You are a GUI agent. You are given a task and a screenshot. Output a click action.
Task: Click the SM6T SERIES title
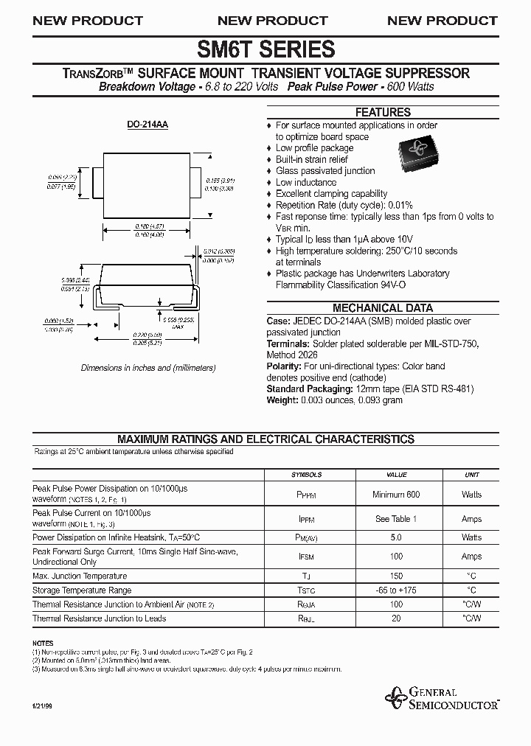[x=265, y=49]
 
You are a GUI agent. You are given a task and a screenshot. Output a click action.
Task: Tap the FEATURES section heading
[x=383, y=113]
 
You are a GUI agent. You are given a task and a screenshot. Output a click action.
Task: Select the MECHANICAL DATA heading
[x=383, y=308]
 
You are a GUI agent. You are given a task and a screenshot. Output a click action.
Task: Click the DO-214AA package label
[x=147, y=125]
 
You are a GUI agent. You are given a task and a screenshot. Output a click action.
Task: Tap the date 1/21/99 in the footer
[x=42, y=707]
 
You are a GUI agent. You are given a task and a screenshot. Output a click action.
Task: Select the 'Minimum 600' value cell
[x=396, y=495]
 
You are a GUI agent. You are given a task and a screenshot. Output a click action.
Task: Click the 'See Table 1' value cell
[x=396, y=519]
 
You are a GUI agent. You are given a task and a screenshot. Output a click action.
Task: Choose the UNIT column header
[x=471, y=475]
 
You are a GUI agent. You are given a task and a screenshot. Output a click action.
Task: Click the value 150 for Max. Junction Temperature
[x=396, y=576]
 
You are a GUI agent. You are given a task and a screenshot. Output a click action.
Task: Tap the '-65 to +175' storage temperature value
[x=396, y=590]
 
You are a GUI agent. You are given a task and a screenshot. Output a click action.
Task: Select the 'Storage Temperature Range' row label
[x=82, y=590]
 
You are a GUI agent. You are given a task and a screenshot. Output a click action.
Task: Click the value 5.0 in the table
[x=396, y=538]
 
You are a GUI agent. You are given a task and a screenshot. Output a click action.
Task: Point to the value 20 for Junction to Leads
[x=396, y=618]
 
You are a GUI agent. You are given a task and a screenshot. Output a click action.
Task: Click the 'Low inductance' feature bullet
[x=305, y=182]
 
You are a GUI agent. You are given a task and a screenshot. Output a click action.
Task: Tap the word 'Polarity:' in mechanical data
[x=284, y=366]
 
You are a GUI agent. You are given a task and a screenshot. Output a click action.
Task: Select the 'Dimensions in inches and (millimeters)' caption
[x=147, y=367]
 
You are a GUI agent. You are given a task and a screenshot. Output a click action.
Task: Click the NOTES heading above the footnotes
[x=43, y=644]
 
